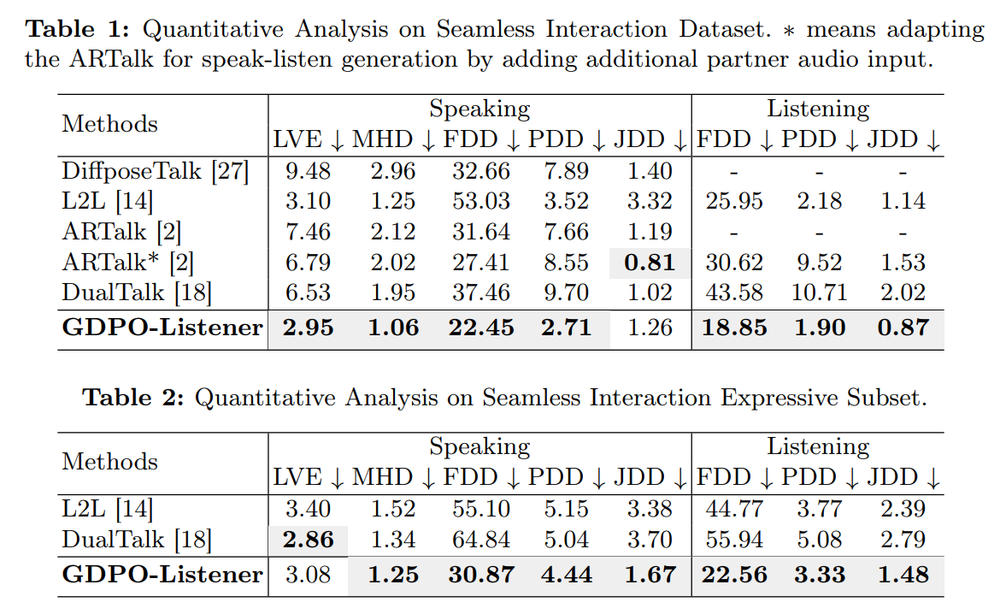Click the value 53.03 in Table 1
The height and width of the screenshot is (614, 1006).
[x=481, y=201]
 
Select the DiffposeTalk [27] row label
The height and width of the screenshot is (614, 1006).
[x=155, y=170]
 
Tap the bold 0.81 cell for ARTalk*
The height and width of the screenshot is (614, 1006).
[x=649, y=263]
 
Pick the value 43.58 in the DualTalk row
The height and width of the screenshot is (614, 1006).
[x=734, y=293]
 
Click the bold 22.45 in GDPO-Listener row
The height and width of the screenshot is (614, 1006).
[x=481, y=328]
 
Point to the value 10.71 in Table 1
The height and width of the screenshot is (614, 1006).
[x=818, y=293]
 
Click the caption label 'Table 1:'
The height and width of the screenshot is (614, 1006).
[x=79, y=29]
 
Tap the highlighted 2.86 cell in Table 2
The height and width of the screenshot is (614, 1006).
[x=308, y=540]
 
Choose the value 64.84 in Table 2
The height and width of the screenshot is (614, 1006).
[x=481, y=540]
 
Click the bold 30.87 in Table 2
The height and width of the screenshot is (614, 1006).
[x=481, y=575]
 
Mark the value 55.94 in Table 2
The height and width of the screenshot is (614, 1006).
[x=734, y=540]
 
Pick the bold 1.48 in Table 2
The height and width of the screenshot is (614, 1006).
[x=903, y=575]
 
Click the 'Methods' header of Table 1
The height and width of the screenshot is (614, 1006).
[x=109, y=124]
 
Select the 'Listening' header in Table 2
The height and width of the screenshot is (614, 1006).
[x=817, y=446]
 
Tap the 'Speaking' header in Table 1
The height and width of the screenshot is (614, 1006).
[x=479, y=109]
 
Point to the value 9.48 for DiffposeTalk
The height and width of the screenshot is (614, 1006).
[x=308, y=170]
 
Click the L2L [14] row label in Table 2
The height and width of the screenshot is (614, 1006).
[x=107, y=510]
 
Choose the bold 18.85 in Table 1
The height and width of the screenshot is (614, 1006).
[x=734, y=328]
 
